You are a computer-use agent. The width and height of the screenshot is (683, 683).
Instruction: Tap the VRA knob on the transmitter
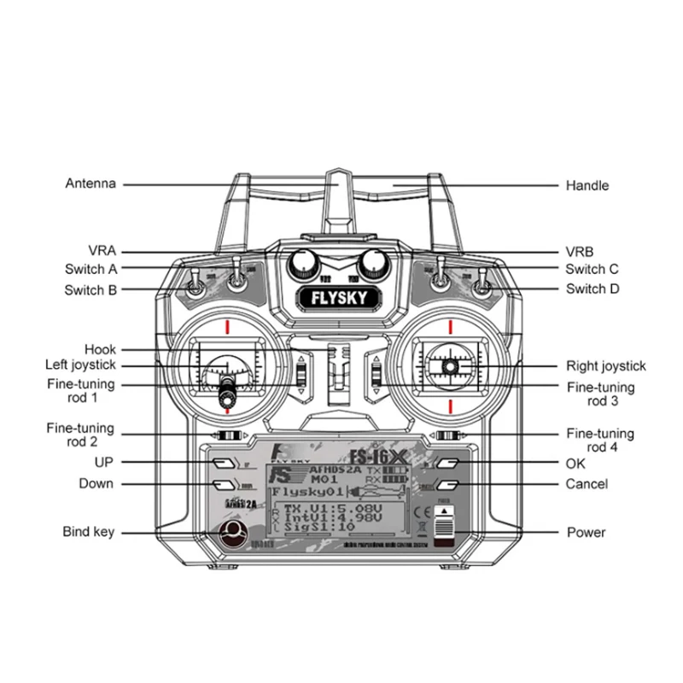pos(300,263)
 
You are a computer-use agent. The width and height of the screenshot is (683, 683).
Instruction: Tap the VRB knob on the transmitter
pos(372,263)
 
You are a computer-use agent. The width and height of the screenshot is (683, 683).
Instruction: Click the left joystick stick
pos(228,388)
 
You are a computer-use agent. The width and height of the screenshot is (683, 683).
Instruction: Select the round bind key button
pos(231,535)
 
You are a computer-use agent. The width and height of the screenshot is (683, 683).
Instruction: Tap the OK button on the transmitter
pos(449,463)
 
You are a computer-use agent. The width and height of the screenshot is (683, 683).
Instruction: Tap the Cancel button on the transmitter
pos(449,484)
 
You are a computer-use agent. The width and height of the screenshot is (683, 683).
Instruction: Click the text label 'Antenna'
pos(90,184)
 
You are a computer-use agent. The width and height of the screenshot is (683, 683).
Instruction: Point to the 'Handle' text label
pos(588,185)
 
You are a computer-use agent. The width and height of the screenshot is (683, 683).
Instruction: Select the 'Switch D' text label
pos(593,289)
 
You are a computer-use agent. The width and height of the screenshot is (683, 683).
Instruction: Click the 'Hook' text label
pos(100,349)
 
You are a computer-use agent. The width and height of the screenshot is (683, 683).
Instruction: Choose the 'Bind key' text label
pos(88,532)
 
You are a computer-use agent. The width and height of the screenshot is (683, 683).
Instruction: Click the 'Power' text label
pos(587,532)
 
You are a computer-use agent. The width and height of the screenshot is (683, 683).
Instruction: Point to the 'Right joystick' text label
pos(607,366)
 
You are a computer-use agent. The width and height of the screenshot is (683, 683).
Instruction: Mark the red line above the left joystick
pos(228,326)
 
